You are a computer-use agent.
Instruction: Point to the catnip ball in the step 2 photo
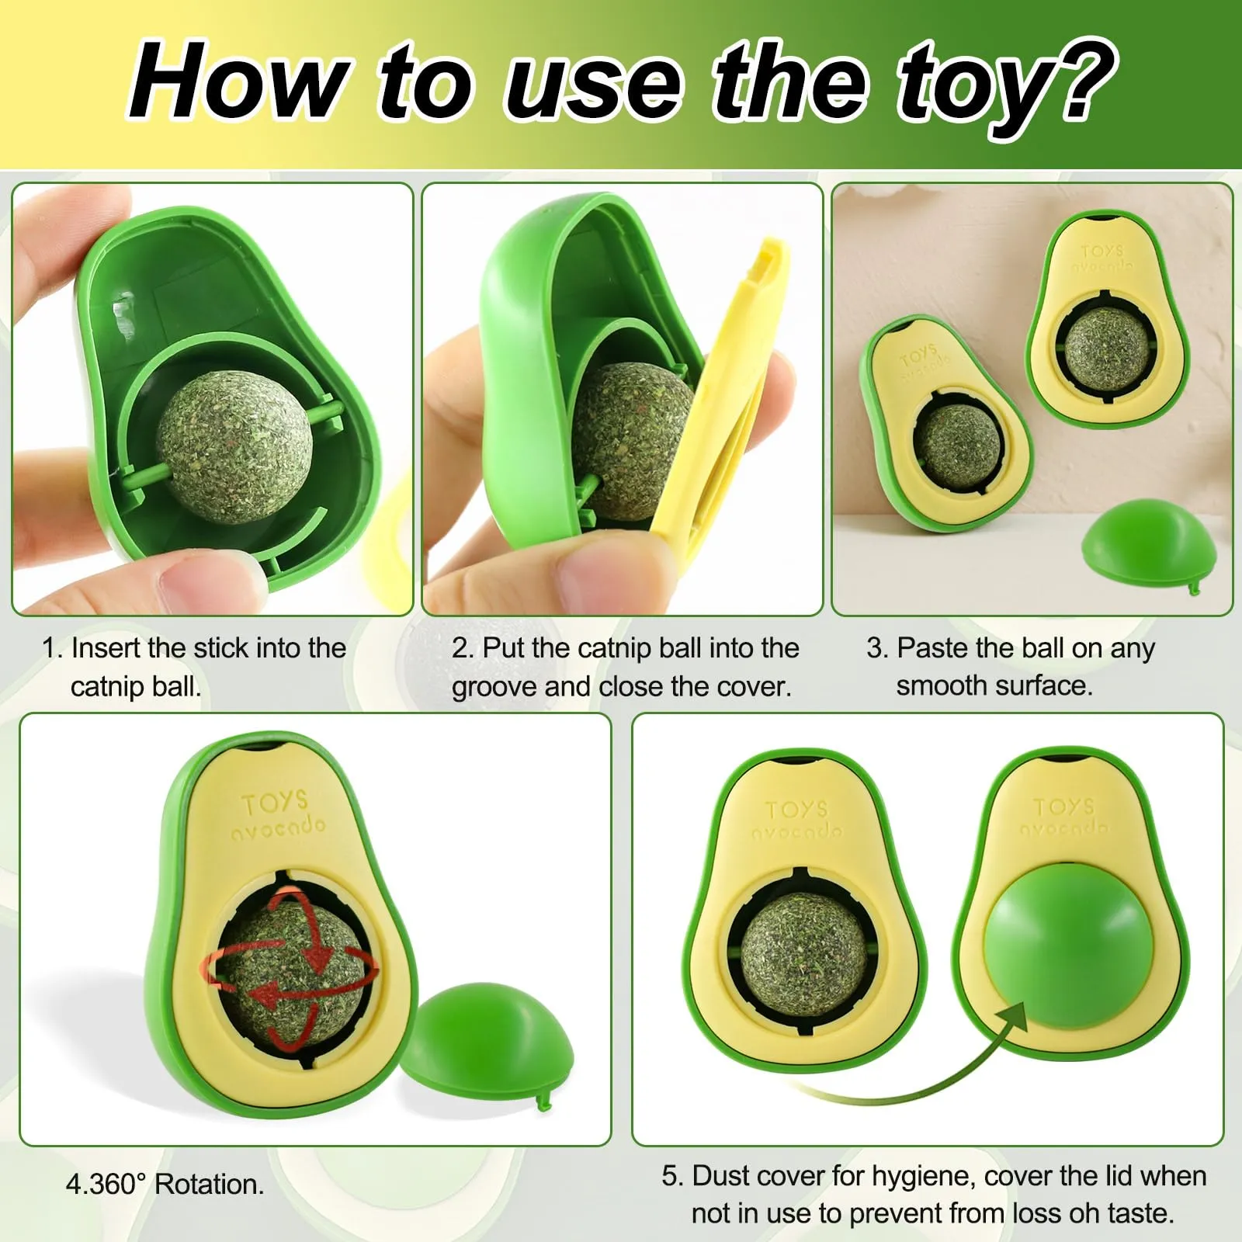pos(629,442)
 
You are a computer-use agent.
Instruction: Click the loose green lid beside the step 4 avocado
pos(487,1045)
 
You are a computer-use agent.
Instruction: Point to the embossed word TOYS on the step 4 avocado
pos(274,803)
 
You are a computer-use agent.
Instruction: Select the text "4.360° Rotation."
pos(165,1184)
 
